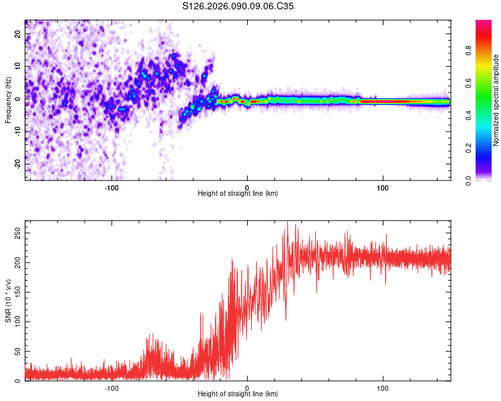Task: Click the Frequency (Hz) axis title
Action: (8, 100)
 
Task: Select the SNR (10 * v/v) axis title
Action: (8, 301)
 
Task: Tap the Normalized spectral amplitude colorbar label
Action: (496, 100)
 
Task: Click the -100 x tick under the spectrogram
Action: (111, 187)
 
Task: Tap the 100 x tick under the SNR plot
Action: (383, 388)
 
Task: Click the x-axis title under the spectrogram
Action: (238, 194)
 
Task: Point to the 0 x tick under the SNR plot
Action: (247, 388)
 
